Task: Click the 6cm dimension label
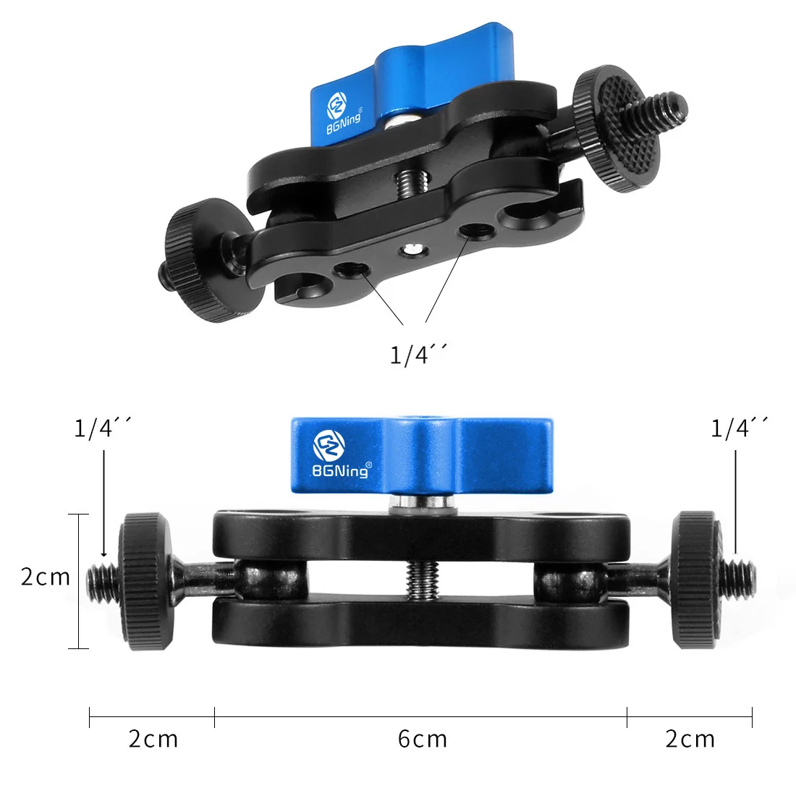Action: (x=423, y=739)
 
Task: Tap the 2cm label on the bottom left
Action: (x=153, y=739)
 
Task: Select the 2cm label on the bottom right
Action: (x=690, y=739)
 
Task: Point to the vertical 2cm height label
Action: (x=45, y=577)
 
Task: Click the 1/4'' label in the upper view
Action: (x=419, y=354)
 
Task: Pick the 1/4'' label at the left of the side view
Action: (x=103, y=428)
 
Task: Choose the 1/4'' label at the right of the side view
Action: (x=739, y=428)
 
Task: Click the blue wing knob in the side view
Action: (x=422, y=455)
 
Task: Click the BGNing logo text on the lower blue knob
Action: (x=340, y=471)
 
